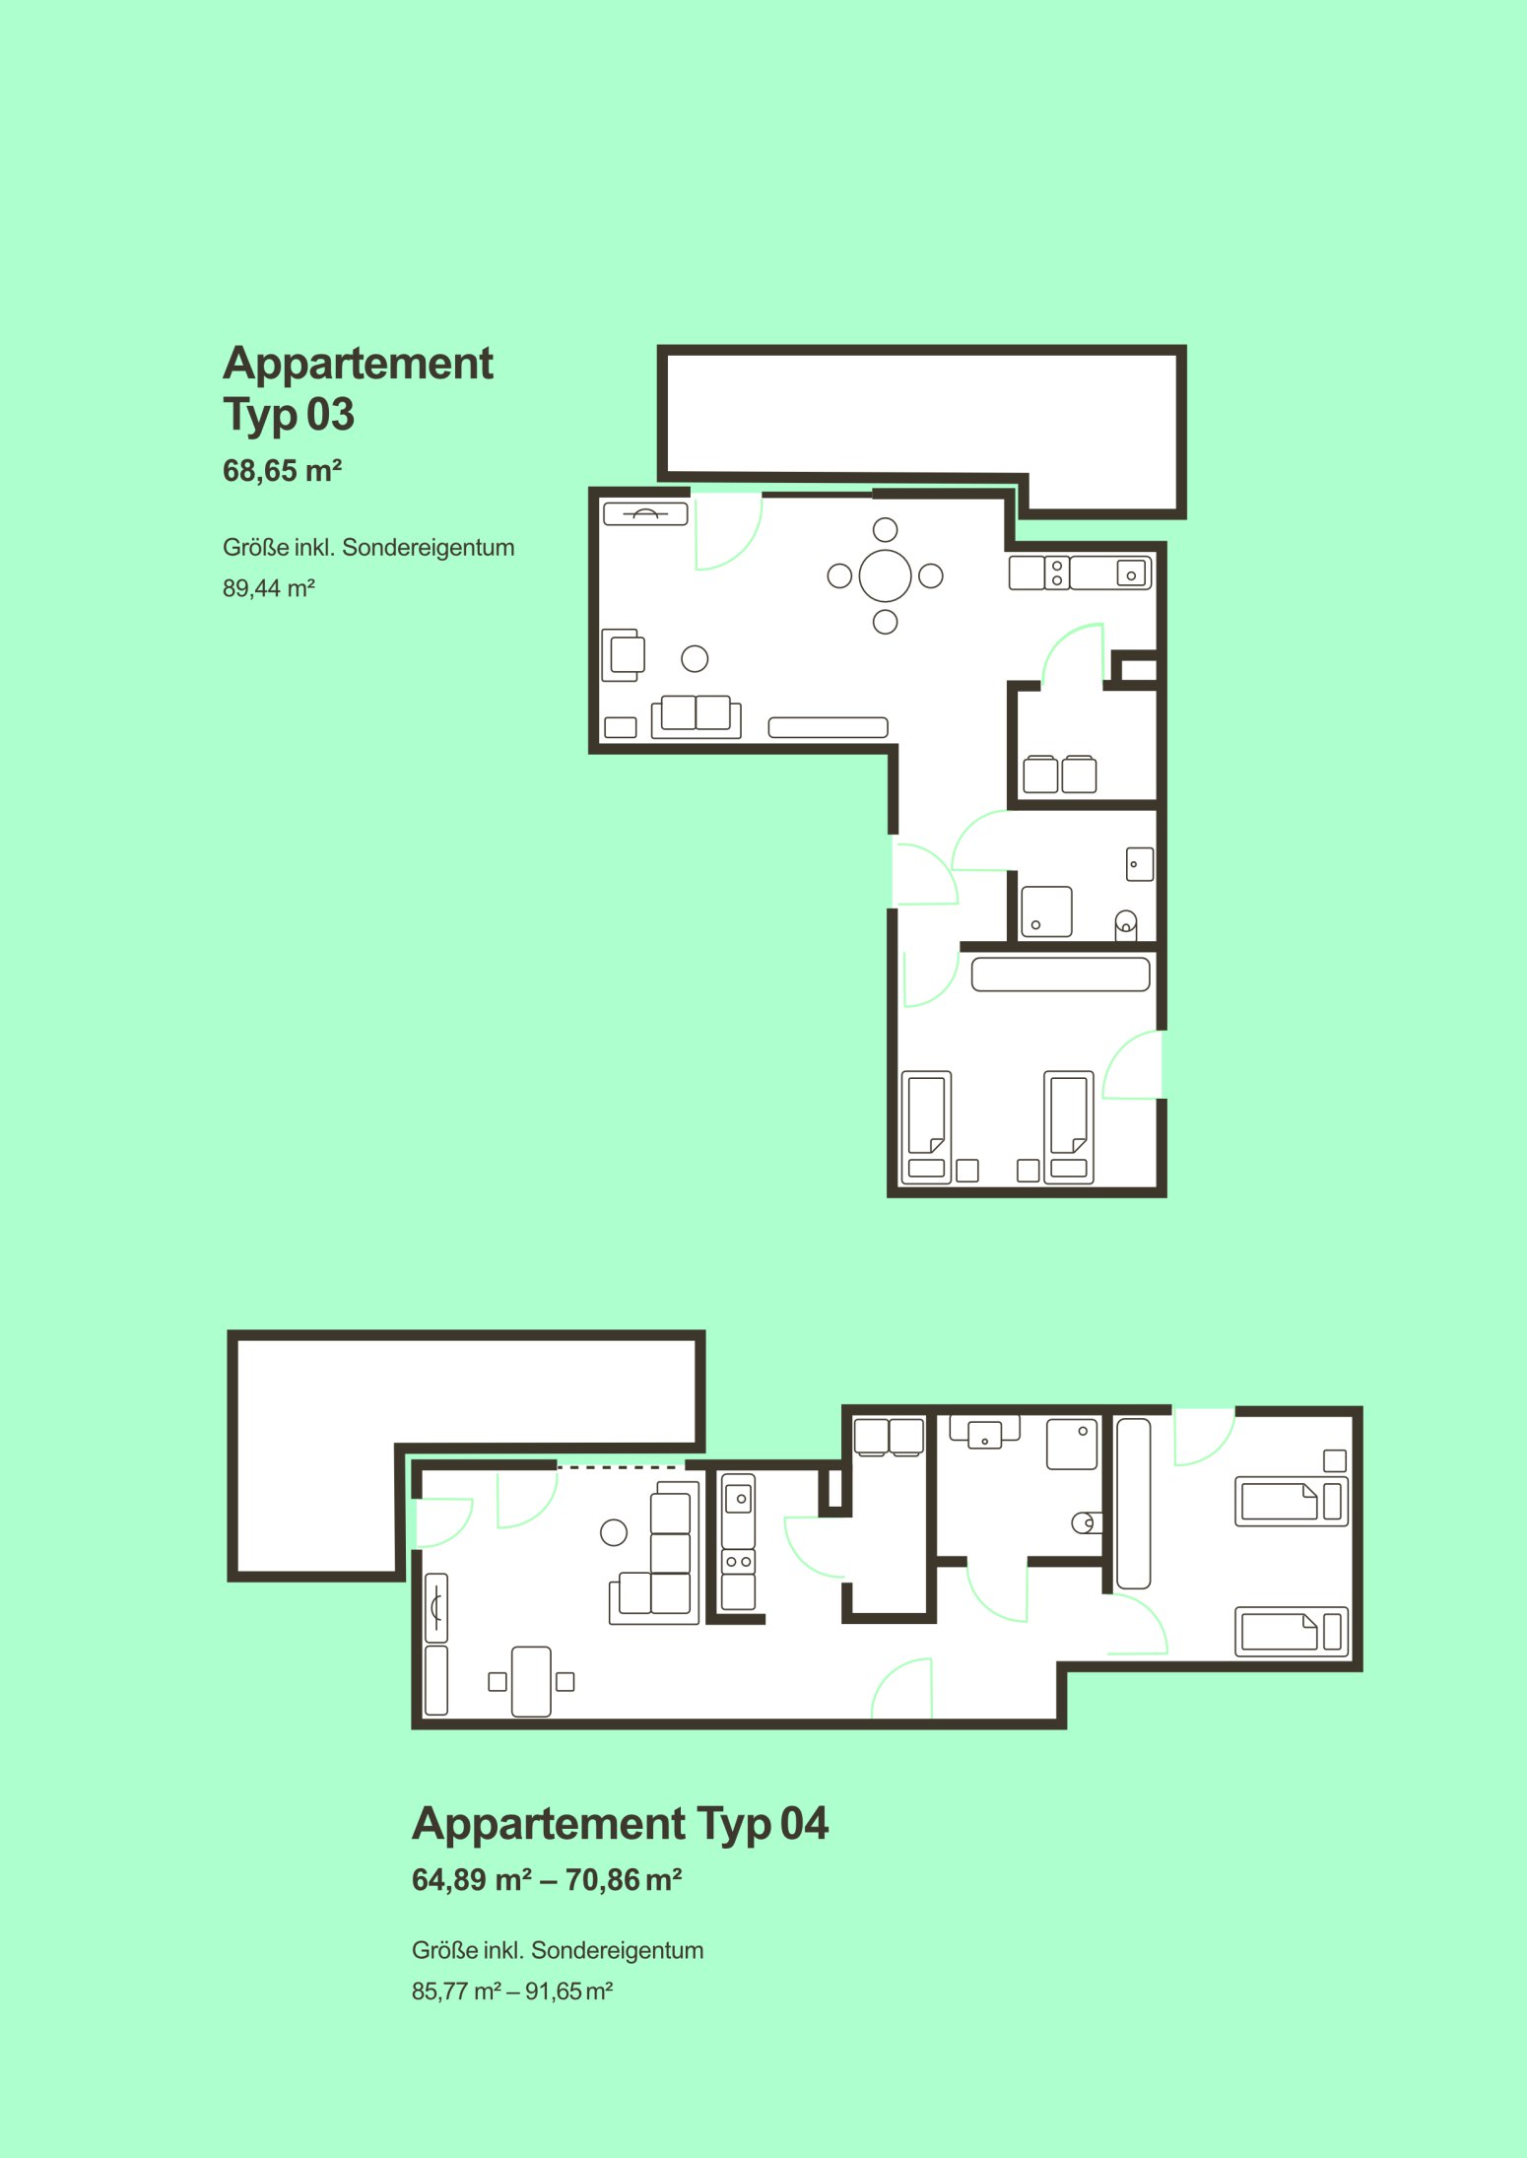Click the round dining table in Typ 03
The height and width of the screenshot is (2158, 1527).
tap(885, 575)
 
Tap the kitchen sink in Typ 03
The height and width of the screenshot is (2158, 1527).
tap(1131, 573)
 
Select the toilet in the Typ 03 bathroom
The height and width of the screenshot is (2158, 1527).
tap(1125, 925)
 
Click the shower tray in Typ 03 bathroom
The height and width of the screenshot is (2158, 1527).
tap(1046, 911)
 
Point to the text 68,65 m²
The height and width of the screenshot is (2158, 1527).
tap(282, 471)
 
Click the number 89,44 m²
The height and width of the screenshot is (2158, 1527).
tap(268, 588)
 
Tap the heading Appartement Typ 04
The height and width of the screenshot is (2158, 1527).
tap(620, 1824)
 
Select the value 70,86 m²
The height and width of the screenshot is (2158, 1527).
tap(624, 1880)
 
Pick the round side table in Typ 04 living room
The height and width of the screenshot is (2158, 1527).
tap(614, 1532)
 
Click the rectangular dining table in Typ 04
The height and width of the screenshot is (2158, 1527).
tap(531, 1681)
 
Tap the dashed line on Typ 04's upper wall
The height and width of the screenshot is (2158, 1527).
tap(621, 1467)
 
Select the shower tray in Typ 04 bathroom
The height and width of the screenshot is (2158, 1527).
tap(1071, 1444)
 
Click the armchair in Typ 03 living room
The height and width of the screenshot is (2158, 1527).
tap(623, 654)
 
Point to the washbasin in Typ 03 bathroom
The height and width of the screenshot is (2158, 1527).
tap(1140, 864)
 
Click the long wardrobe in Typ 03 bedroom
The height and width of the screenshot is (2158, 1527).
tap(1060, 975)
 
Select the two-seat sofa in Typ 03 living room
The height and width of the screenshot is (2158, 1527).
tap(696, 716)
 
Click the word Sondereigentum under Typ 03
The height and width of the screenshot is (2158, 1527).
tap(428, 548)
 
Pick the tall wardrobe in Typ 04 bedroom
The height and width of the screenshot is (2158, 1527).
tap(1133, 1504)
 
